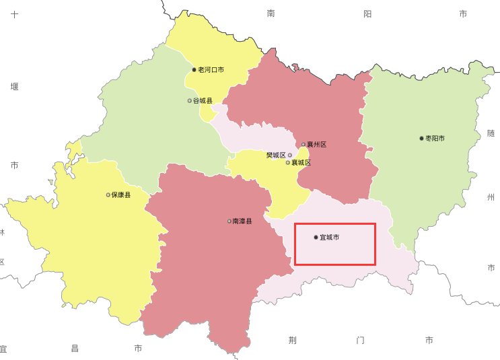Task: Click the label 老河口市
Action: tap(211, 69)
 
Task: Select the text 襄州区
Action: tap(316, 144)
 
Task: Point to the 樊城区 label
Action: tap(276, 155)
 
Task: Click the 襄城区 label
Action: tap(301, 163)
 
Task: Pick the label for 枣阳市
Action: tap(435, 138)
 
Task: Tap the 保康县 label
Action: tap(121, 195)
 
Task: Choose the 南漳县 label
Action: tap(242, 221)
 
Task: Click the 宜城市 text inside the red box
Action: tap(329, 238)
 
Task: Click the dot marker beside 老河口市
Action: tap(194, 69)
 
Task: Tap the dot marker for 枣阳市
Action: tap(422, 138)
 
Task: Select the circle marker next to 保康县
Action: tap(108, 195)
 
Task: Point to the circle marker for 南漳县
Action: tap(229, 221)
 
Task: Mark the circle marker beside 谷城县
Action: tap(190, 101)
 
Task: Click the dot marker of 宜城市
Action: tap(316, 238)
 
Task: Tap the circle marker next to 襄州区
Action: tap(303, 144)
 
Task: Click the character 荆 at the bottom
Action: tap(292, 340)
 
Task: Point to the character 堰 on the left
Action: tap(14, 86)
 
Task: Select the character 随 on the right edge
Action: tap(491, 133)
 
